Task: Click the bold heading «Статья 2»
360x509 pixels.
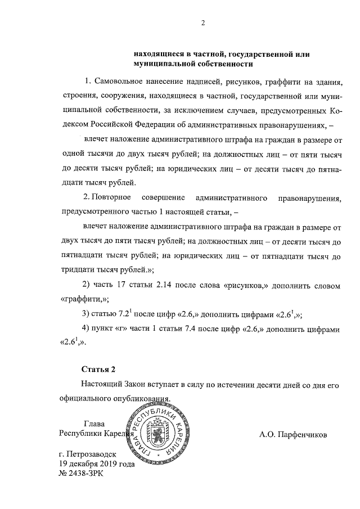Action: click(98, 370)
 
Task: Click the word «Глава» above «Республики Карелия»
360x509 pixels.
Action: click(93, 424)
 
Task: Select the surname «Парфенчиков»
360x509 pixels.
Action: click(301, 435)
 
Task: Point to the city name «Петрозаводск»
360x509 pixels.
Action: click(90, 454)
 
